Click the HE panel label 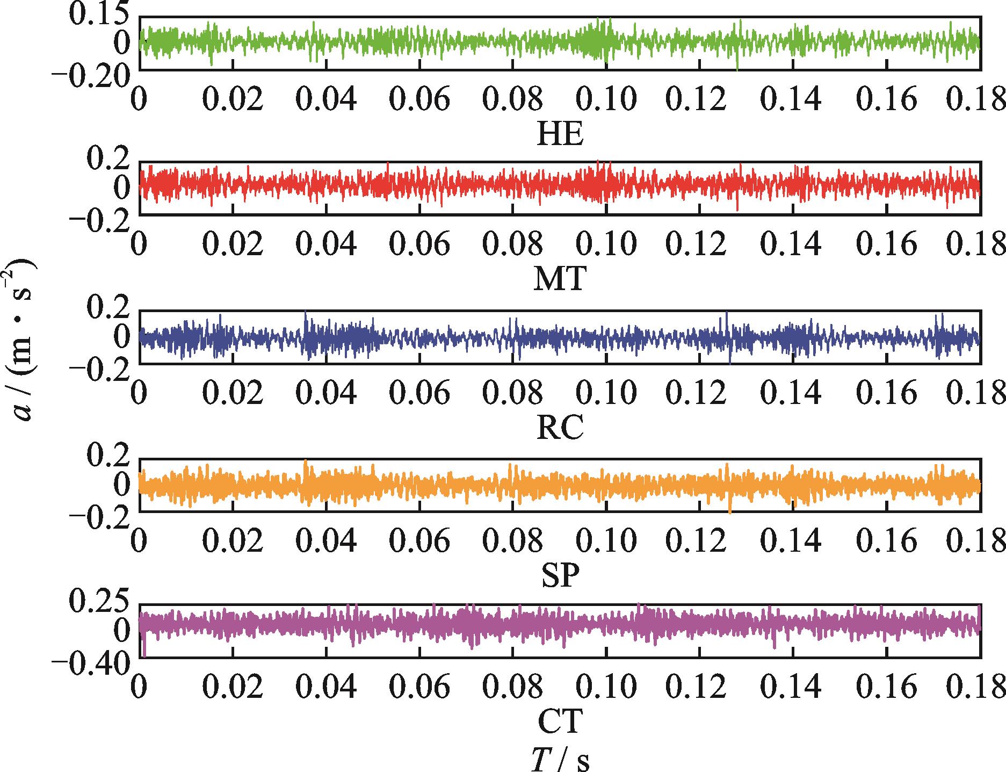tap(560, 134)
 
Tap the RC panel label tap(560, 428)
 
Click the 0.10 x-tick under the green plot tap(606, 99)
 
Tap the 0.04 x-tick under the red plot tap(326, 245)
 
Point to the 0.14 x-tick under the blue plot tap(792, 394)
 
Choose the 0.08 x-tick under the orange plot tap(512, 542)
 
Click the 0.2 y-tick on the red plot tap(107, 160)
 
